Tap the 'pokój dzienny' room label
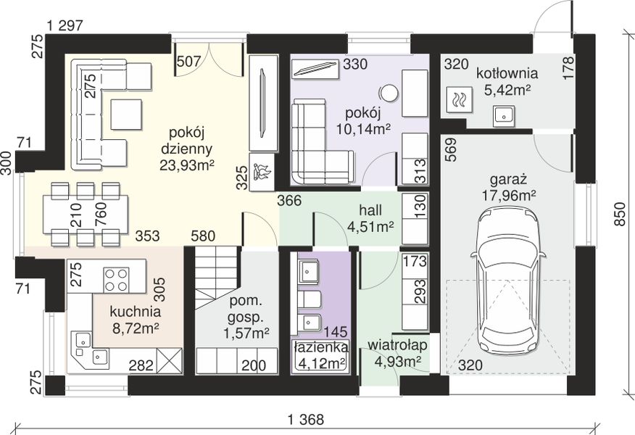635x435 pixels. pyautogui.click(x=187, y=141)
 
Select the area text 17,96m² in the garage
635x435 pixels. pyautogui.click(x=509, y=196)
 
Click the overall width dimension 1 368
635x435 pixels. pyautogui.click(x=306, y=420)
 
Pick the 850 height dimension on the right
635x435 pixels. pyautogui.click(x=620, y=220)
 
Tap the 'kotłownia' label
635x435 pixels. pyautogui.click(x=507, y=73)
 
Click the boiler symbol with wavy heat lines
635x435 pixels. pyautogui.click(x=458, y=99)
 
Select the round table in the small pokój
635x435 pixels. pyautogui.click(x=389, y=93)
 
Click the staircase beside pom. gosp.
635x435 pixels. pyautogui.click(x=215, y=278)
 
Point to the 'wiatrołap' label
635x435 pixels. pyautogui.click(x=397, y=345)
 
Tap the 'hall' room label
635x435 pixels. pyautogui.click(x=370, y=210)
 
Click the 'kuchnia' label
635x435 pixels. pyautogui.click(x=136, y=312)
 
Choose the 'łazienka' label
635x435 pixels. pyautogui.click(x=320, y=347)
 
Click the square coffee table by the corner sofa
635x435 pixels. pyautogui.click(x=126, y=115)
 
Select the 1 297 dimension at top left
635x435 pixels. pyautogui.click(x=65, y=26)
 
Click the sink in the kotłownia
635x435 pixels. pyautogui.click(x=505, y=115)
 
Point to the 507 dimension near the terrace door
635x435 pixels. pyautogui.click(x=188, y=62)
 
